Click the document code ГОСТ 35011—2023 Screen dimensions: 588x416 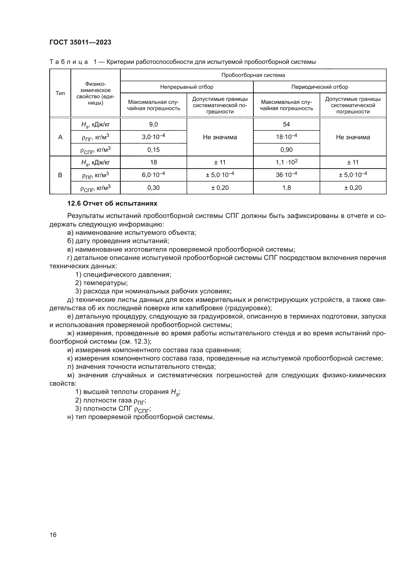coord(80,42)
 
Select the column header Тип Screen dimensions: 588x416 coord(60,93)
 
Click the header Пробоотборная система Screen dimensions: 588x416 coord(253,75)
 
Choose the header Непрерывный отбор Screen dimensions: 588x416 coord(187,87)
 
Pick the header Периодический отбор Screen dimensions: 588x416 coord(320,87)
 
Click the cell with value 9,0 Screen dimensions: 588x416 coord(153,124)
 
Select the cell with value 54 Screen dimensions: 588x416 coord(286,124)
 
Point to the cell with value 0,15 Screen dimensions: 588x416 coord(153,150)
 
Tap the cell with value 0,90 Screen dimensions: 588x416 coord(286,150)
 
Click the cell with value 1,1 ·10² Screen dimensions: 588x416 coord(286,162)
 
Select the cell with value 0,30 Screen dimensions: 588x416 coord(153,188)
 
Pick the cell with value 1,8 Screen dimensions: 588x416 coord(286,188)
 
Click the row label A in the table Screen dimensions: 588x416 coord(60,137)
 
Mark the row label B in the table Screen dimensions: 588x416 coord(60,175)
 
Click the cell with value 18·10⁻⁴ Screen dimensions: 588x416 coord(286,137)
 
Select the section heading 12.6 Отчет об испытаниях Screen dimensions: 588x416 coord(112,204)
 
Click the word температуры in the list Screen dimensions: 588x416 coord(105,283)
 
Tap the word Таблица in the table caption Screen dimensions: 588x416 coord(68,62)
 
